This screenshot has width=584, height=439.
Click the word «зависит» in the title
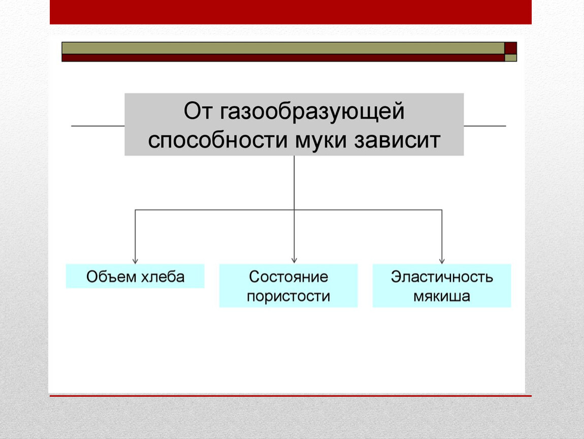[398, 141]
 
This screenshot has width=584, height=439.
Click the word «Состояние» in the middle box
[288, 277]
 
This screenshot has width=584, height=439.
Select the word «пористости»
[288, 297]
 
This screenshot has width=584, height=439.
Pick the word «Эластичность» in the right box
[442, 277]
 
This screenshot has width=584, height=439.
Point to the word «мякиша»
[442, 297]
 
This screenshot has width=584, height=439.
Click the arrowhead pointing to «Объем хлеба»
[135, 261]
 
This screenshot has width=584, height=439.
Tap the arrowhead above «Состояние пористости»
[294, 261]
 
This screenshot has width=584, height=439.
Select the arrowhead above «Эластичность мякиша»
[442, 261]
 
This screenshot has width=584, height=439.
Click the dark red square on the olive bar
[511, 48]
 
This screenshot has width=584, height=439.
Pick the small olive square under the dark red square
[511, 58]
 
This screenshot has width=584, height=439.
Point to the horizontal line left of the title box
[98, 126]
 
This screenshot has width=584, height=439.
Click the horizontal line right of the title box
[485, 126]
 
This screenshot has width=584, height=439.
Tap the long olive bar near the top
[283, 48]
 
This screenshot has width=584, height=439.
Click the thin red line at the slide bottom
[290, 396]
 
